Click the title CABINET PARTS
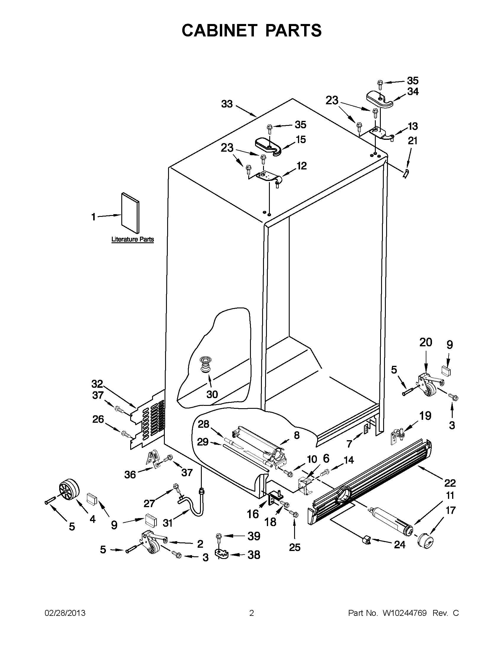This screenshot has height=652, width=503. (x=251, y=31)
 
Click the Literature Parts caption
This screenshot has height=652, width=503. (x=132, y=239)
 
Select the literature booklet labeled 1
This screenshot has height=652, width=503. (x=130, y=213)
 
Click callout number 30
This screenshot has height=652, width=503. (x=212, y=394)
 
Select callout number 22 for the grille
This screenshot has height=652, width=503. (x=450, y=483)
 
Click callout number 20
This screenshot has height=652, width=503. (x=425, y=342)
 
